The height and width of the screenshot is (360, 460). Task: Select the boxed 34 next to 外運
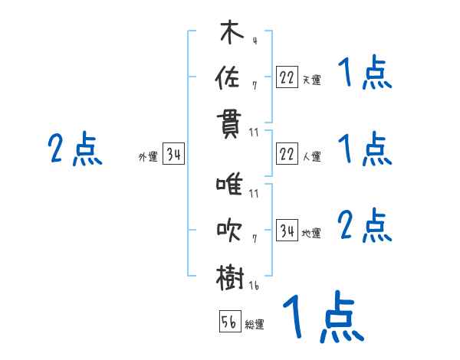(173, 156)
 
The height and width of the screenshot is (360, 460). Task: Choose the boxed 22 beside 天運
(287, 77)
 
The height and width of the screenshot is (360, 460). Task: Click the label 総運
(255, 325)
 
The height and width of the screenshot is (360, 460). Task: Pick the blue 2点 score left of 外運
(74, 149)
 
